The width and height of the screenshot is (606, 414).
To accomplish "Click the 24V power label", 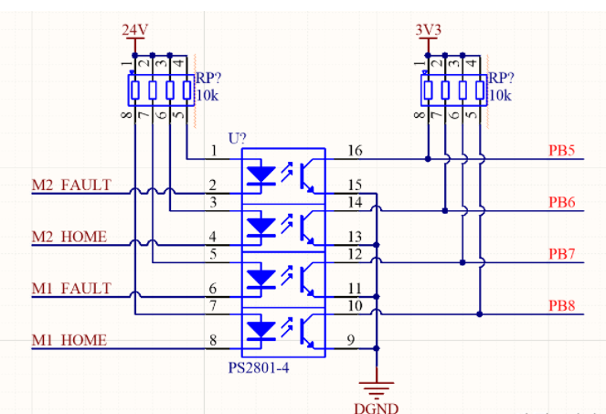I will [134, 29].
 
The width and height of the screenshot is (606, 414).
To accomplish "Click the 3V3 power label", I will [428, 29].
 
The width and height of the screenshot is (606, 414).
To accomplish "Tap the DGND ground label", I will [376, 407].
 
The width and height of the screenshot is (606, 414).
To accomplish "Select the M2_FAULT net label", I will [71, 186].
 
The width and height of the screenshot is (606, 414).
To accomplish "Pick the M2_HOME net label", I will [69, 237].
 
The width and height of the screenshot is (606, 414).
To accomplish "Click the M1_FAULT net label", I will [71, 289].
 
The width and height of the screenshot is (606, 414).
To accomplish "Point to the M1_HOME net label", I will [69, 341].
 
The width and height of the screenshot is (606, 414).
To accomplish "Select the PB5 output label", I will [561, 151].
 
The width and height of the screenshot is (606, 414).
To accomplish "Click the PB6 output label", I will [561, 202].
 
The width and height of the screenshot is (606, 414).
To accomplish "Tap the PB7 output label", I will [561, 253].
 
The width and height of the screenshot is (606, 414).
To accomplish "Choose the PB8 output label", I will [561, 305].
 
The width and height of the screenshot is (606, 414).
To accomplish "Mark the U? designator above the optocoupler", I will [236, 138].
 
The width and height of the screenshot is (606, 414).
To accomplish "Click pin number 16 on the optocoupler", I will [356, 150].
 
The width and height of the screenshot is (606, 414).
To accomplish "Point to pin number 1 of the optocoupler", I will [213, 150].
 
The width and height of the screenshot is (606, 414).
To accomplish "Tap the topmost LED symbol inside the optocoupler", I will [263, 173].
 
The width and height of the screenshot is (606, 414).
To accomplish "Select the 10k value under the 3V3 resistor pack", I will [500, 95].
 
